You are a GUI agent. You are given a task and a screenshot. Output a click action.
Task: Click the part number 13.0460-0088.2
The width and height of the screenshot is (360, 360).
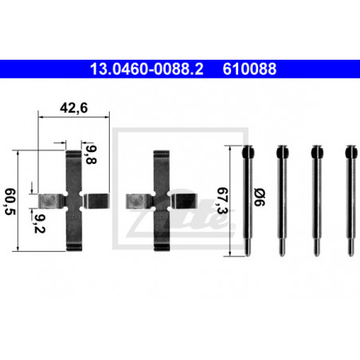147,68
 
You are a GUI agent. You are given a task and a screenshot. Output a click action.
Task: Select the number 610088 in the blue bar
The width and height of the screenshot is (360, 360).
249,68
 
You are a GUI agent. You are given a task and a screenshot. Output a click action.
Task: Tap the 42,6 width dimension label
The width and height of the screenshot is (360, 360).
73,108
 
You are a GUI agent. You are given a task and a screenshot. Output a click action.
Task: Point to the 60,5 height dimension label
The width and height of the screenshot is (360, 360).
10,202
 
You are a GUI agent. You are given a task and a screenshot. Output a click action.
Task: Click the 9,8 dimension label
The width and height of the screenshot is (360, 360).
91,155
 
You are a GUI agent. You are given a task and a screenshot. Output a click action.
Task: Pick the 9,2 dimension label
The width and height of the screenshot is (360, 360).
40,224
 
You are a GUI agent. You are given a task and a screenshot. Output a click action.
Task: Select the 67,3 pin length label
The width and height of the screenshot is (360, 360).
222,201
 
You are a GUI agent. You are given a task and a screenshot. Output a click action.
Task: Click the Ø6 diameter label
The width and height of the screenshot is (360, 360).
260,197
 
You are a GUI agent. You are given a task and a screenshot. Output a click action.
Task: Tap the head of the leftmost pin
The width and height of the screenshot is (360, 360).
248,152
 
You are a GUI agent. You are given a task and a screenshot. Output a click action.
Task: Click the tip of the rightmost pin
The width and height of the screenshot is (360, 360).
351,254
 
